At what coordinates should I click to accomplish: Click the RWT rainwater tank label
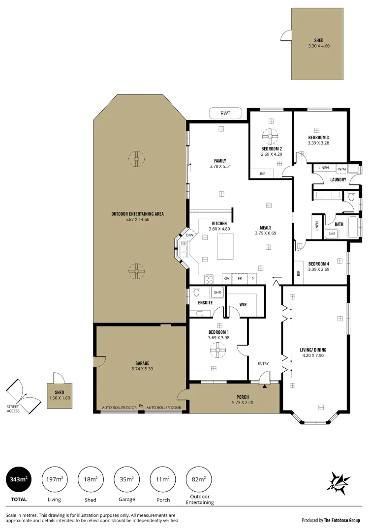(225, 114)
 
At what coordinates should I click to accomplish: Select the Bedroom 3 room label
(318, 137)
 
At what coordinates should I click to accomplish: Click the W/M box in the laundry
(341, 168)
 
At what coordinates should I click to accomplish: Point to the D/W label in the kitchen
(189, 236)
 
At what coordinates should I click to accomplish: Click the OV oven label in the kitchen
(227, 278)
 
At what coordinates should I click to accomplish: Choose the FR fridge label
(240, 278)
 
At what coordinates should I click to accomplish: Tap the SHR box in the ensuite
(217, 293)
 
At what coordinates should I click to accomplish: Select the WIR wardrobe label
(243, 304)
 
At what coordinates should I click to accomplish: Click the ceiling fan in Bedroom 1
(218, 350)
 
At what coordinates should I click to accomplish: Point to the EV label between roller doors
(141, 406)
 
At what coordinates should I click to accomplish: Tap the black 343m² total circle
(18, 479)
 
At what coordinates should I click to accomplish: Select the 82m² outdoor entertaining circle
(199, 479)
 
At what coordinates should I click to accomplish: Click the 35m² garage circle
(127, 479)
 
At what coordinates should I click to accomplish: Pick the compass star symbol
(339, 481)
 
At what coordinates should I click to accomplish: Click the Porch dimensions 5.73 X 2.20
(242, 403)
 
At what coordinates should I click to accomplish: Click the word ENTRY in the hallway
(263, 364)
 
